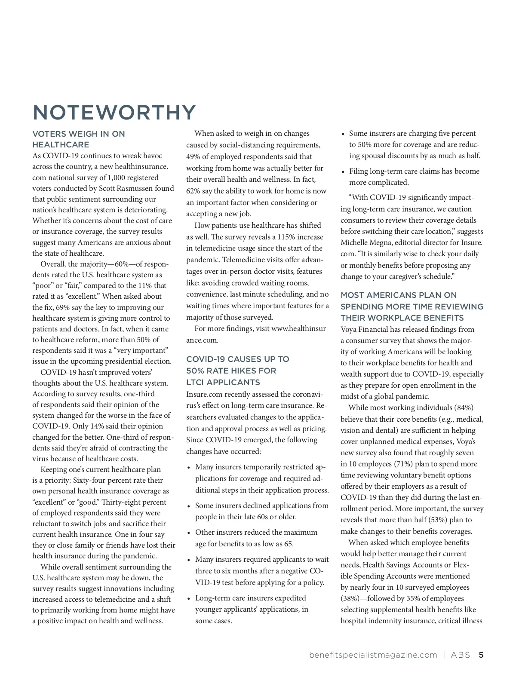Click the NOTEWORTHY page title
(114, 113)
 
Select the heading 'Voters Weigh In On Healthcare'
(79, 139)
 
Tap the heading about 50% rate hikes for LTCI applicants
(237, 371)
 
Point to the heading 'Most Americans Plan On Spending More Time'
(412, 306)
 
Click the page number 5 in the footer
(481, 655)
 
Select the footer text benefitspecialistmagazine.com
(373, 655)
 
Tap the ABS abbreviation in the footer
(461, 655)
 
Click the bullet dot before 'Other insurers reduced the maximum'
(189, 533)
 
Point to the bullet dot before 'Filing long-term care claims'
(343, 172)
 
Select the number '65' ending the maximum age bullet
(288, 544)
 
